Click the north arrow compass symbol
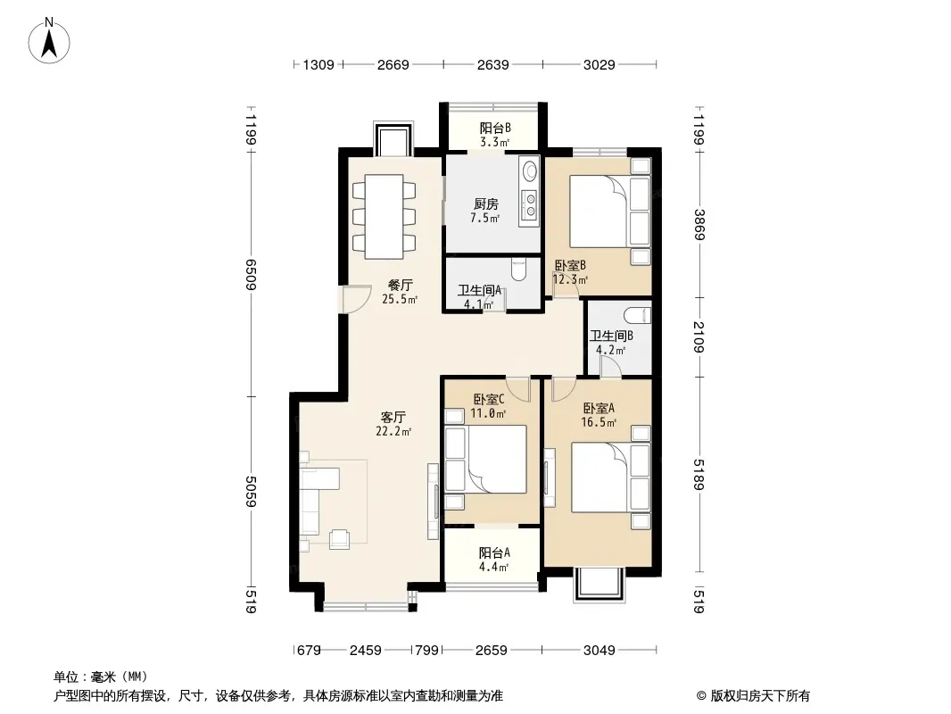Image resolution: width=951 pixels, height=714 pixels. (x=49, y=41)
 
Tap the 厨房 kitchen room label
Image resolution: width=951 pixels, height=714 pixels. (x=486, y=204)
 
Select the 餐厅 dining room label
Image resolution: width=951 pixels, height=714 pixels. (x=401, y=285)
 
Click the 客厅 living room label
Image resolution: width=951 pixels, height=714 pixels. (x=393, y=418)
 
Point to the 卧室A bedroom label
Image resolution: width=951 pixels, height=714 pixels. (x=599, y=408)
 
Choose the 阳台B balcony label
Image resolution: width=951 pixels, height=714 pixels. (x=495, y=128)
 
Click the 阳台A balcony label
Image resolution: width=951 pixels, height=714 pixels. (x=494, y=552)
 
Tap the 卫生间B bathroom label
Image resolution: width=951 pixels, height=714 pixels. (x=611, y=336)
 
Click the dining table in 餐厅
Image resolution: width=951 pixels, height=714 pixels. (x=384, y=217)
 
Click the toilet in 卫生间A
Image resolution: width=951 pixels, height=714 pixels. (x=518, y=270)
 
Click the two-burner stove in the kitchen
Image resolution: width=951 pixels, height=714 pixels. (x=531, y=205)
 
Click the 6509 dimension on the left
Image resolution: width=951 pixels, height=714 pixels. (x=252, y=274)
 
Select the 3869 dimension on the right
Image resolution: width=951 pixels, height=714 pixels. (x=699, y=224)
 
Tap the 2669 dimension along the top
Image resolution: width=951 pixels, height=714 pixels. (x=393, y=64)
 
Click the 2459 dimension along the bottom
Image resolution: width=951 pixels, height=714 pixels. (x=366, y=651)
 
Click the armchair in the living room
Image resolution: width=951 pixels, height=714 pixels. (x=340, y=539)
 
